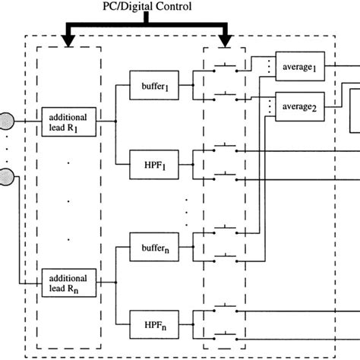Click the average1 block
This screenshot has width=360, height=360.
pos(300,68)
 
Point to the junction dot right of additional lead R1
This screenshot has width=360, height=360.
pos(115,120)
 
